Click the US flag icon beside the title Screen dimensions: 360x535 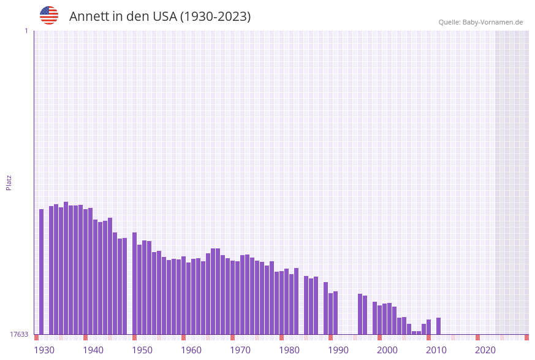point(49,15)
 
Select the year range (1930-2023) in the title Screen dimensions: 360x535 point(215,17)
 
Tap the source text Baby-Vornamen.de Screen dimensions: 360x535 point(493,23)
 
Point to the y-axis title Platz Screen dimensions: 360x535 point(9,182)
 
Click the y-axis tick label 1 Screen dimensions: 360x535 point(26,31)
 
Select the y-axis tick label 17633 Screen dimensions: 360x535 point(18,334)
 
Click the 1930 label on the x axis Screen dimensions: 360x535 point(44,350)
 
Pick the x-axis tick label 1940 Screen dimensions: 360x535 point(93,350)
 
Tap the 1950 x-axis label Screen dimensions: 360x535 point(142,350)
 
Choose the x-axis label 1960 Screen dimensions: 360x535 point(191,350)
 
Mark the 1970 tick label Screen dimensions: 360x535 point(240,350)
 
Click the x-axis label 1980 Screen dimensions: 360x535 point(289,350)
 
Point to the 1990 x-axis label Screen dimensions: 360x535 point(338,350)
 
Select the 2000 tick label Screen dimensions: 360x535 point(387,350)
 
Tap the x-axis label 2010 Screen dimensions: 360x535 point(436,350)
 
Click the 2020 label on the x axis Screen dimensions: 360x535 point(485,350)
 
